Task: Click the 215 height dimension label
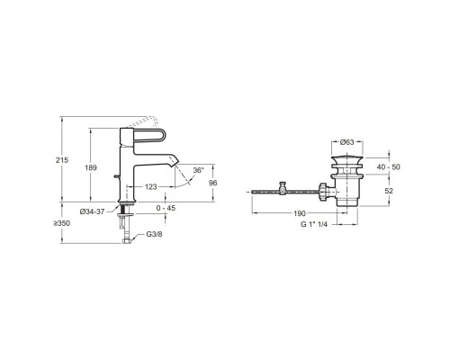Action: coord(62,160)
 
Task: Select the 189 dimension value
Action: coord(91,167)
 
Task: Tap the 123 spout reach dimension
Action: coord(151,187)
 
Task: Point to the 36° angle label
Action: coord(198,170)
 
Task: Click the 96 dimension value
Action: coord(213,183)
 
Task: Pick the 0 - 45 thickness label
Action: coord(166,208)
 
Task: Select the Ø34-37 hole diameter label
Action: coord(93,211)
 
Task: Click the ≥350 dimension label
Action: coord(62,223)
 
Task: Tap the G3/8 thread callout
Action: coord(154,234)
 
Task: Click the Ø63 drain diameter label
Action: coord(347,142)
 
